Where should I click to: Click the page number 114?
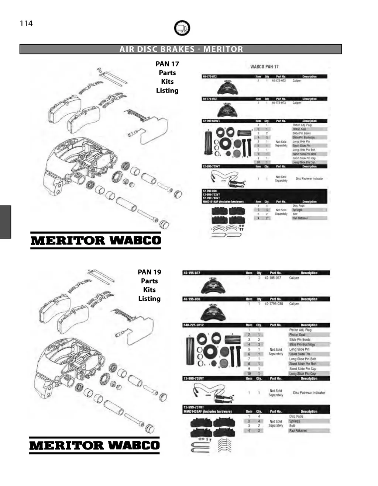[26, 24]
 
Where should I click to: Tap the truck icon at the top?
[182, 28]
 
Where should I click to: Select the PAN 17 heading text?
[167, 64]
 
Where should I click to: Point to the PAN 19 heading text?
[149, 272]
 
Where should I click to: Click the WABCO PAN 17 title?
[264, 67]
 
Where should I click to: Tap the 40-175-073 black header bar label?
[210, 99]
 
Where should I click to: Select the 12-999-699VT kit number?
[212, 121]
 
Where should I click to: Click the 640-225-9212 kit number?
[194, 325]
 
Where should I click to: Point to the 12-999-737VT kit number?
[194, 407]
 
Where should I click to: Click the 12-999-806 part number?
[209, 191]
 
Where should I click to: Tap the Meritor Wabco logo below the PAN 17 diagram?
[96, 240]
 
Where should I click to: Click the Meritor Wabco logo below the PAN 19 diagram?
[94, 445]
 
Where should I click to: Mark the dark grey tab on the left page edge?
[6, 222]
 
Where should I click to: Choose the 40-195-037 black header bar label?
[192, 273]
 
